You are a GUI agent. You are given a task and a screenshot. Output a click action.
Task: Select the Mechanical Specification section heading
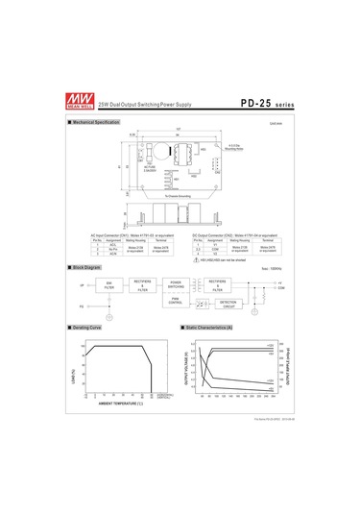(96, 123)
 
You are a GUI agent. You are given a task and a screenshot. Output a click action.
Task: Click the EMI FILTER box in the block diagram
(108, 284)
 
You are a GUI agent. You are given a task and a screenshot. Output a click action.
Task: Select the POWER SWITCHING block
(176, 284)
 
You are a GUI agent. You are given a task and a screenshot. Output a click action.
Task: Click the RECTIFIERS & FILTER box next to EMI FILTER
(143, 284)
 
